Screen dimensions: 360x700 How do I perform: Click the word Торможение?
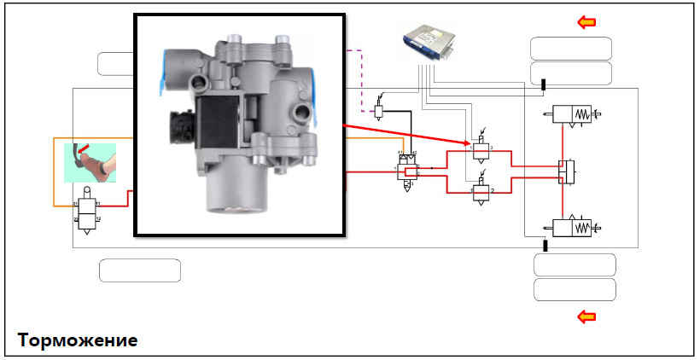coord(78,340)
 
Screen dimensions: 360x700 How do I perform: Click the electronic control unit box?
coord(435,49)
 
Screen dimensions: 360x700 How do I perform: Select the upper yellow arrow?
coord(586,22)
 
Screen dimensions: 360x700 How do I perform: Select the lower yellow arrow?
coord(586,317)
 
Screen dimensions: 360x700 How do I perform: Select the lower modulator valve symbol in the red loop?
coord(482,192)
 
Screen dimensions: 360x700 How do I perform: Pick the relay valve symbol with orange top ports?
coord(407,166)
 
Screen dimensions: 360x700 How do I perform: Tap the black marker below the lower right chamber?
coord(544,246)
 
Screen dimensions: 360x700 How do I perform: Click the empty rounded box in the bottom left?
coord(140,270)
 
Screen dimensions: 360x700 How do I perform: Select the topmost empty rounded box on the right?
coord(570,48)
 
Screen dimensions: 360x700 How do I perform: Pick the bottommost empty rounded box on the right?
coord(574,290)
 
